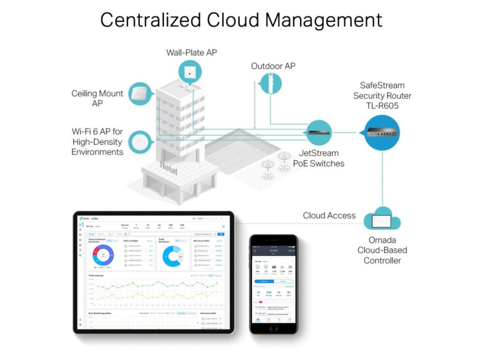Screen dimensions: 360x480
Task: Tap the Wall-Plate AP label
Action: tap(191, 52)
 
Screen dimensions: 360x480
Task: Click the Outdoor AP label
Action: tap(273, 66)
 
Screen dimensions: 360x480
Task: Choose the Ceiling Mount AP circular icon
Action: tap(140, 93)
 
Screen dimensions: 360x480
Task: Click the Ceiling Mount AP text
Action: tap(97, 98)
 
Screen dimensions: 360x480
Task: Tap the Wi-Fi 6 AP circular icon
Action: tap(140, 142)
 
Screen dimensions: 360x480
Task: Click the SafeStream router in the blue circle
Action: tap(382, 133)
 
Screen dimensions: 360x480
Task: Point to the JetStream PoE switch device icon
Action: tap(319, 132)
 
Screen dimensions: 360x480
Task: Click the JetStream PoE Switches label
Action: tap(319, 158)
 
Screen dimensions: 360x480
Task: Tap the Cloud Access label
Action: tap(329, 216)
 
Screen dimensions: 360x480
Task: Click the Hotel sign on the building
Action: tap(168, 167)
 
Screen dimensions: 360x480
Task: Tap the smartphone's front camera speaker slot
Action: tap(273, 240)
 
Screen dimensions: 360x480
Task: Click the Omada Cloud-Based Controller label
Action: tap(382, 250)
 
